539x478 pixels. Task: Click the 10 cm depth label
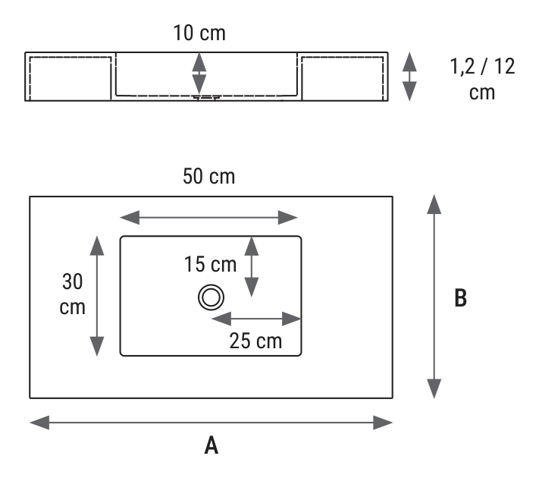tap(199, 33)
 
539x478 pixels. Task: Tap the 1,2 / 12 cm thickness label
tap(482, 79)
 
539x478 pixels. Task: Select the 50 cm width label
tap(208, 176)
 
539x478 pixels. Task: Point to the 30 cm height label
tap(72, 294)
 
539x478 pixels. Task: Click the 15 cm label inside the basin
tap(210, 264)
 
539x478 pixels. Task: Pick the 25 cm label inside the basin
tap(255, 341)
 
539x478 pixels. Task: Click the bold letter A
tap(212, 445)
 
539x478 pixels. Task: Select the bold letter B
tap(461, 297)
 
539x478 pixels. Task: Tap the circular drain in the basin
tap(211, 297)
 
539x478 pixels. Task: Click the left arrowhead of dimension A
tap(39, 423)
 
